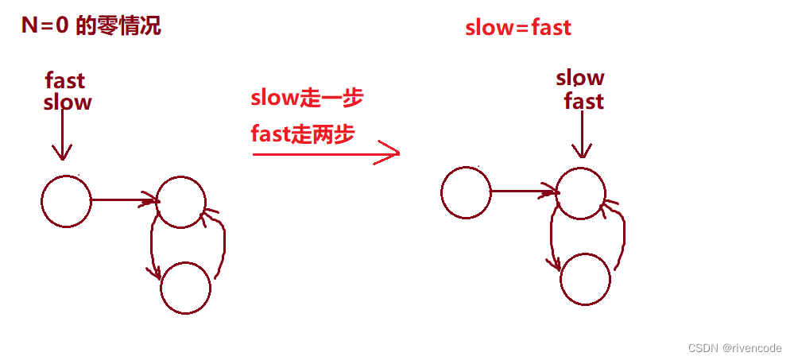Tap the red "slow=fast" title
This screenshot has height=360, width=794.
[x=518, y=27]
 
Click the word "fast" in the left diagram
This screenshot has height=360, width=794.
[x=65, y=80]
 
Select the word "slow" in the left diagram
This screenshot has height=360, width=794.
[x=68, y=102]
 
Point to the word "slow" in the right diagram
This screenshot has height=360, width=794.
[x=580, y=77]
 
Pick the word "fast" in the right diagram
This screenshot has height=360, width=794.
[x=584, y=101]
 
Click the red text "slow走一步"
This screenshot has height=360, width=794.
[x=307, y=99]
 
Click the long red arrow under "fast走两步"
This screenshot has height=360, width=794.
[x=325, y=153]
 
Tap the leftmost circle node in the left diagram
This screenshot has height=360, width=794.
[x=66, y=200]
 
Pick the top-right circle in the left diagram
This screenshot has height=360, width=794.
[x=181, y=200]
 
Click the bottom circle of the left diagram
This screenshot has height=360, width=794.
[x=185, y=287]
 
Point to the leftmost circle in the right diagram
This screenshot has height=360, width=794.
[x=466, y=192]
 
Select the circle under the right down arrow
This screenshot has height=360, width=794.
[x=581, y=193]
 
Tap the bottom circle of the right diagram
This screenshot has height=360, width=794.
[x=586, y=278]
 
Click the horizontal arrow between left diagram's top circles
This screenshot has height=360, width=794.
[x=124, y=200]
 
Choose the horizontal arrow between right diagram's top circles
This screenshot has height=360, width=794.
[x=524, y=192]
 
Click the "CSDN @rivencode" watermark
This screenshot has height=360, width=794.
[x=734, y=348]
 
